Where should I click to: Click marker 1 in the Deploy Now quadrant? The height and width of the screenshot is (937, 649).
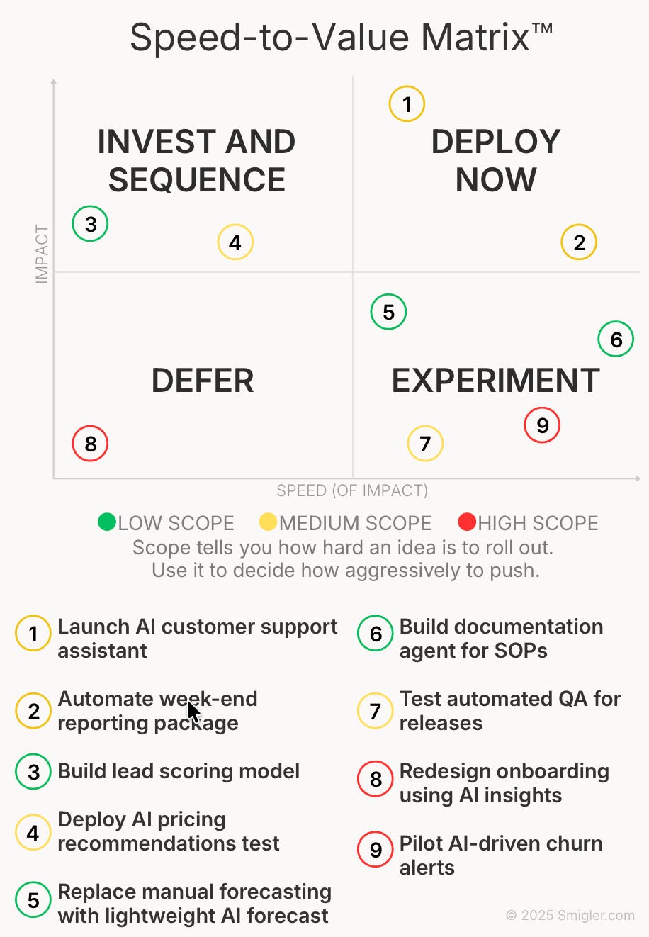click(x=407, y=104)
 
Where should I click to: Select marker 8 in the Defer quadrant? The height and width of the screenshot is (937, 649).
click(x=90, y=444)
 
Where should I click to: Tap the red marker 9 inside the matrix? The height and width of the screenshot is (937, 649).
click(x=542, y=425)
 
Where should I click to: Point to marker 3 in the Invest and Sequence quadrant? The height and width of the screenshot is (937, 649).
click(x=90, y=224)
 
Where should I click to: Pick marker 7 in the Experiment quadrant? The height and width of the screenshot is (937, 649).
click(x=425, y=444)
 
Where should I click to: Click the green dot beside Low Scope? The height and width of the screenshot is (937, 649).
click(x=107, y=522)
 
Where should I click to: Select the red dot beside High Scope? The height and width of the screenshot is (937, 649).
click(x=467, y=522)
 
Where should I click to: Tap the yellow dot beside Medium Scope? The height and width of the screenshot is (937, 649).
click(x=268, y=522)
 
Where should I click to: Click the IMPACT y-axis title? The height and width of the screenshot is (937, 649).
click(x=42, y=254)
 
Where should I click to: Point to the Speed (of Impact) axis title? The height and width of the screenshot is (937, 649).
click(x=352, y=490)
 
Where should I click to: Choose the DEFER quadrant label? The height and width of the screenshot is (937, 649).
click(x=203, y=381)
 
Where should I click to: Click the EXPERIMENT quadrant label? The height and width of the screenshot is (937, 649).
click(x=495, y=381)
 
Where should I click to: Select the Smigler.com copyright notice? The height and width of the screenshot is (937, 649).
click(x=570, y=915)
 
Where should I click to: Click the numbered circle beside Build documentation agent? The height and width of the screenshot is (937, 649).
click(x=376, y=634)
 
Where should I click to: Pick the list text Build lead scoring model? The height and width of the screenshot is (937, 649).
click(x=179, y=771)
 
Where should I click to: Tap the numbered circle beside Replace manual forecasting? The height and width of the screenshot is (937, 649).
click(x=33, y=900)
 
